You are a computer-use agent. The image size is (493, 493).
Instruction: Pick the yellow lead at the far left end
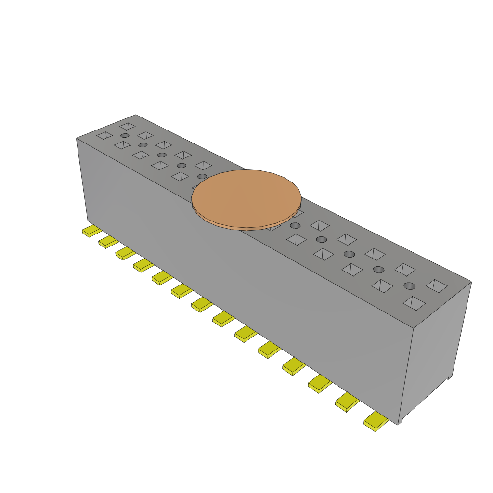[x=91, y=231]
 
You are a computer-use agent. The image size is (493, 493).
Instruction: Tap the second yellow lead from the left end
[x=108, y=241]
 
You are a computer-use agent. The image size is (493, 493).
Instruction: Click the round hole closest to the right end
[x=409, y=286]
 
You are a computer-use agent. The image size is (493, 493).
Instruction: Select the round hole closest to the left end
[x=125, y=136]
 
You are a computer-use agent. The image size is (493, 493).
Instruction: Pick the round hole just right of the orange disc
[x=295, y=226]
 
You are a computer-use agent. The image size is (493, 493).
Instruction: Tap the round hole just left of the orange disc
[x=202, y=176]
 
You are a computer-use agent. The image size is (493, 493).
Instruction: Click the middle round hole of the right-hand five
[x=349, y=254]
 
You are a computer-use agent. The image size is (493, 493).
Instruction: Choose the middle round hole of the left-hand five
[x=162, y=155]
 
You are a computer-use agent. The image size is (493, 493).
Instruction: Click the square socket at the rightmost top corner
[x=437, y=285]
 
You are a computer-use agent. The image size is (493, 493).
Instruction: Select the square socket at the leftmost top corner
[x=104, y=136]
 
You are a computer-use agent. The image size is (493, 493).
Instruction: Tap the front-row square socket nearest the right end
[x=414, y=303]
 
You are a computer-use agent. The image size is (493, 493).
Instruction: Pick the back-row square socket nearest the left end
[x=128, y=126]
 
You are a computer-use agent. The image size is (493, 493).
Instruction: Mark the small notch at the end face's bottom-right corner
[x=449, y=377]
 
